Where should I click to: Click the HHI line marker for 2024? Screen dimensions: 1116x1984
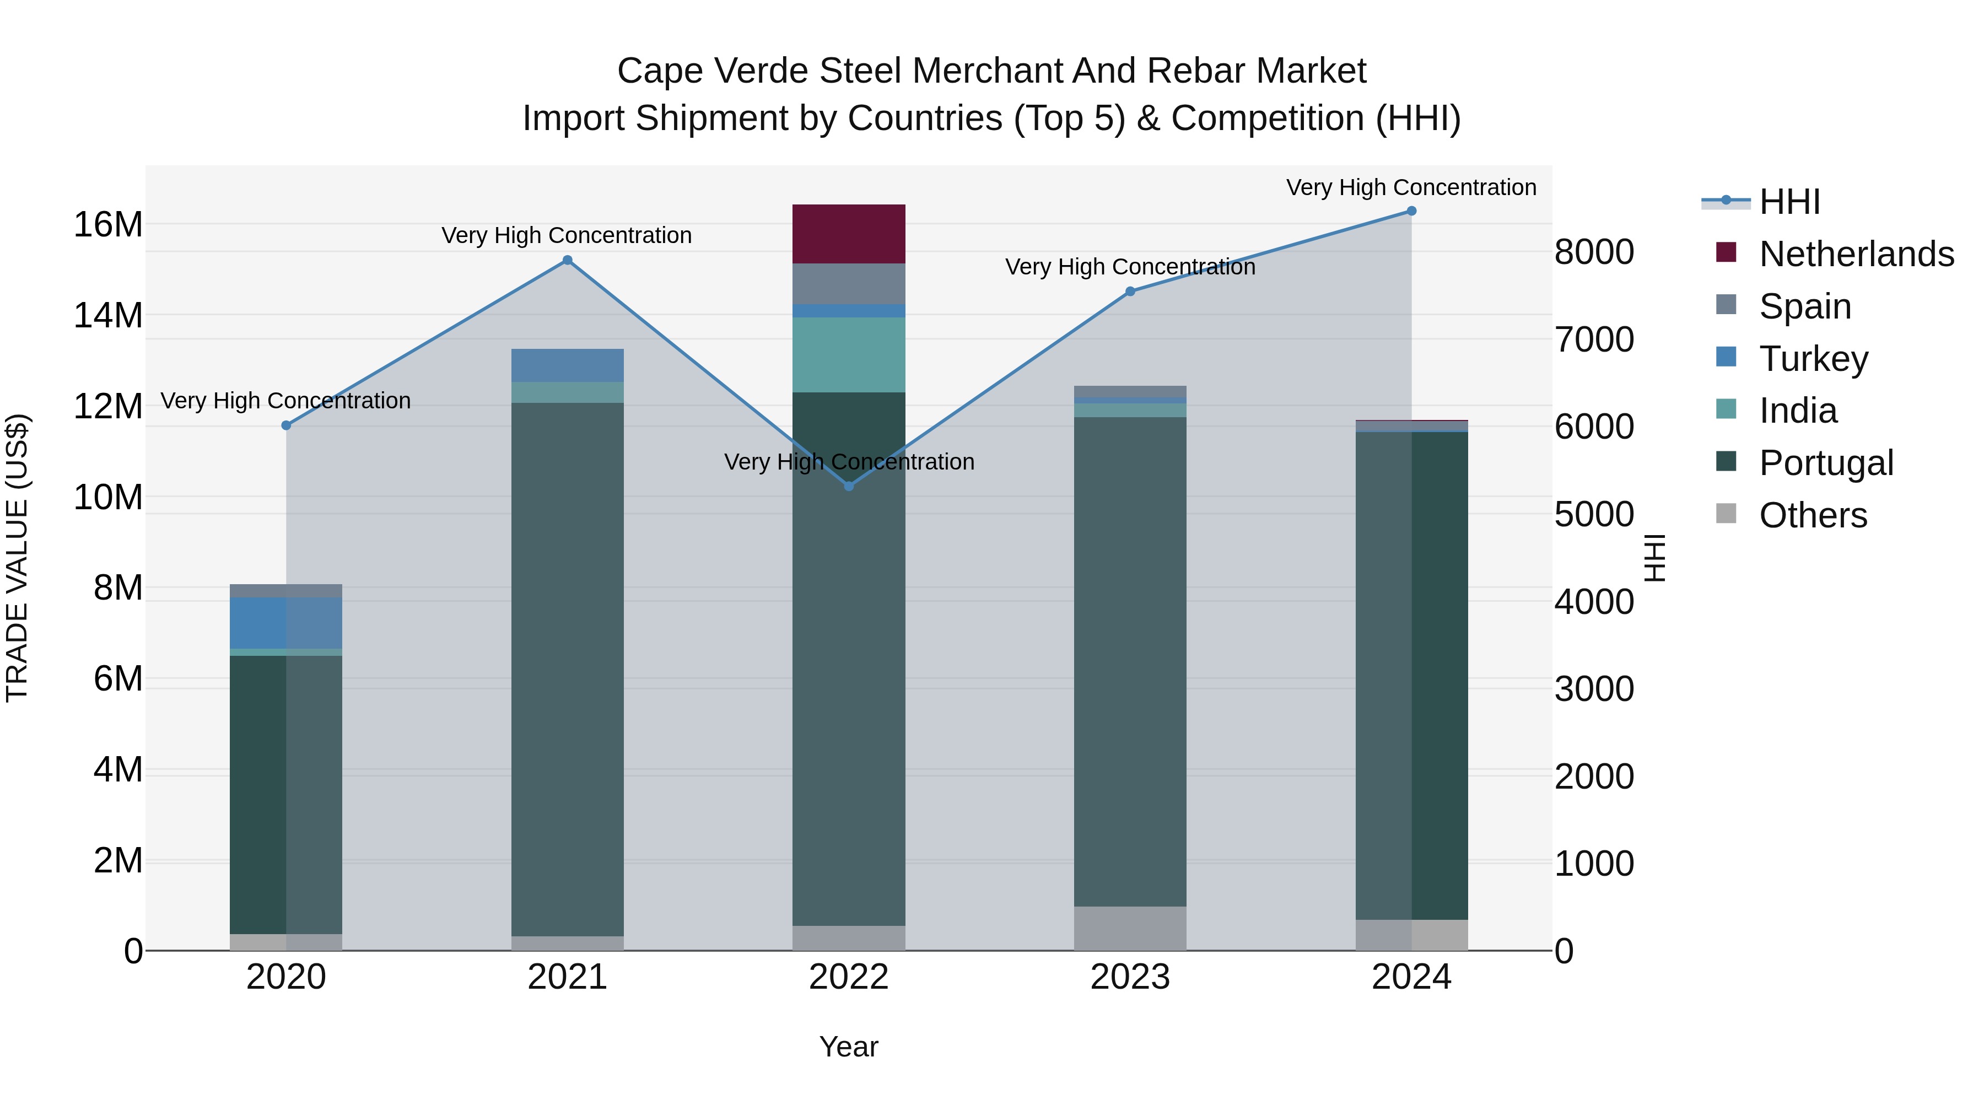point(1411,211)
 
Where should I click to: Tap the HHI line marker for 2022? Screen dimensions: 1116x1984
point(849,486)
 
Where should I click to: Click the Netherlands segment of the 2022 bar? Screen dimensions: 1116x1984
point(849,234)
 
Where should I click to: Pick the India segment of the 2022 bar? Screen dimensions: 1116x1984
point(849,355)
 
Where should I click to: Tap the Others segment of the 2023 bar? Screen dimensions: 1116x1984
point(1130,928)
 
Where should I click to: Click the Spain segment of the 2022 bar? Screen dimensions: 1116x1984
point(849,284)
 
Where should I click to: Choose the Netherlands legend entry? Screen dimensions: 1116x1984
point(1856,254)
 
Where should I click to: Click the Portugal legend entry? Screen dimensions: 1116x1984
point(1825,463)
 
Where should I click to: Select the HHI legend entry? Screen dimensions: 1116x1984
point(1789,202)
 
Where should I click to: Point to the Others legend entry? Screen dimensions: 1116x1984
point(1812,515)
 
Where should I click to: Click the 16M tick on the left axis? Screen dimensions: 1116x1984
point(108,225)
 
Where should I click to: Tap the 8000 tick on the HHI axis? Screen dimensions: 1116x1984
point(1593,252)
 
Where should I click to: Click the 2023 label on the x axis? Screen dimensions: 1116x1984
point(1130,977)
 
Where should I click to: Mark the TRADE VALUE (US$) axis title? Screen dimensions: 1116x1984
point(17,558)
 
